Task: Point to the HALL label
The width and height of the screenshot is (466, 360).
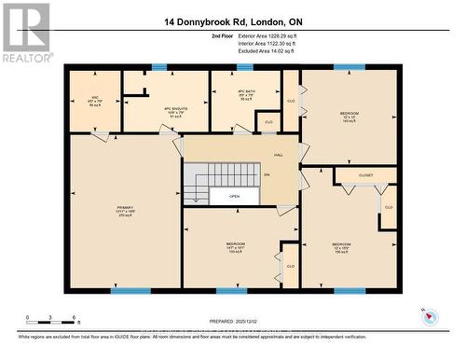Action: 278,155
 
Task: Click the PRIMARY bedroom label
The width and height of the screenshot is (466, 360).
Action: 126,214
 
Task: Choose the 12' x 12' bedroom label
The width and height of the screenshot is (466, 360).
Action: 349,117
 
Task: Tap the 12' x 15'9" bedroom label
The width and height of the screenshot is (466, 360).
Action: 342,247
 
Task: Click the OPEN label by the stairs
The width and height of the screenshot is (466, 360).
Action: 234,197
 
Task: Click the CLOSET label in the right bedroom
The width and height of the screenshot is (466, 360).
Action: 364,174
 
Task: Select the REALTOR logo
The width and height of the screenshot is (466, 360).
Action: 25,33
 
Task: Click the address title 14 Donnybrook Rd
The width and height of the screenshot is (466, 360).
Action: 232,21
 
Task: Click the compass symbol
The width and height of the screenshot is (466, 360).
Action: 428,317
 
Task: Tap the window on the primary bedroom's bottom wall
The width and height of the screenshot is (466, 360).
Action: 130,291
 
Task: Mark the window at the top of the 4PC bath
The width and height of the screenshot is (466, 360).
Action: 245,67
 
